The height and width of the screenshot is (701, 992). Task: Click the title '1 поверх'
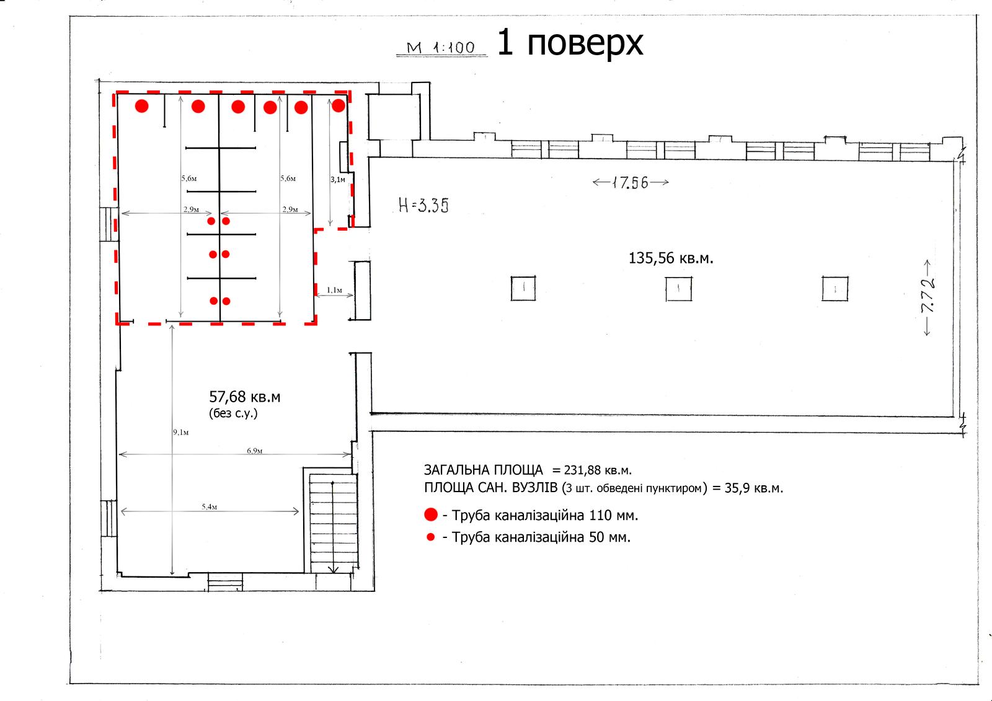click(x=570, y=43)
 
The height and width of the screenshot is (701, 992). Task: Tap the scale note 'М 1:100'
click(x=441, y=47)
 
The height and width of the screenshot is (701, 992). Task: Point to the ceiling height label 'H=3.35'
click(x=423, y=205)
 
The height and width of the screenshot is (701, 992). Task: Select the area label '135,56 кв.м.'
click(x=671, y=258)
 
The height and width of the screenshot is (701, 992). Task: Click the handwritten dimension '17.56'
click(x=630, y=182)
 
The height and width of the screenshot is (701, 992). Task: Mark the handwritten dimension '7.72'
click(x=928, y=296)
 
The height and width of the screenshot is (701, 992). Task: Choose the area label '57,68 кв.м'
click(x=244, y=397)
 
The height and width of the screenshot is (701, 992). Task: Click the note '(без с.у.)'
click(x=233, y=413)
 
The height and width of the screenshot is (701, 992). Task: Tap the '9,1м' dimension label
click(x=180, y=432)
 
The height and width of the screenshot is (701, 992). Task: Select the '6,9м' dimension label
click(x=255, y=451)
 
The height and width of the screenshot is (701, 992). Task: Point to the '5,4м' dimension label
click(x=210, y=506)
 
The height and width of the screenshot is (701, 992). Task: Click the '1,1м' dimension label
click(x=334, y=290)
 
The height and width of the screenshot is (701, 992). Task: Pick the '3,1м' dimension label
click(x=337, y=180)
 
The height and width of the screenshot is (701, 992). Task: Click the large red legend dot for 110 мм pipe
click(x=431, y=514)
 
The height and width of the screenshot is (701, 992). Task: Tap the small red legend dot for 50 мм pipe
click(x=430, y=537)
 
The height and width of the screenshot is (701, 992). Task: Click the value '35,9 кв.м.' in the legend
click(x=754, y=488)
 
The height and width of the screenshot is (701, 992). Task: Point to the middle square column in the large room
click(x=678, y=289)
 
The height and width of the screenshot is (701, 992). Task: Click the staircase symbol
click(x=333, y=523)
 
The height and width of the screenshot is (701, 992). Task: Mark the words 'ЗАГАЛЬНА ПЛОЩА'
click(x=483, y=470)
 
